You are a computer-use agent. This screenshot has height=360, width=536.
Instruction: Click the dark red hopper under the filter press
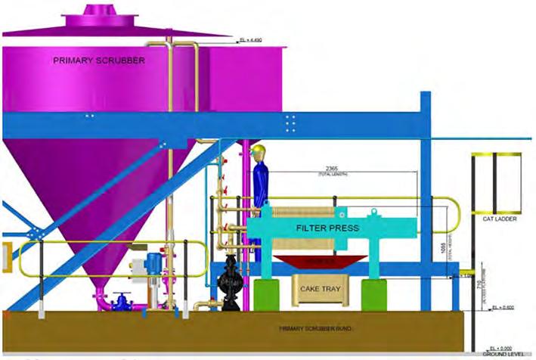321,261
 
